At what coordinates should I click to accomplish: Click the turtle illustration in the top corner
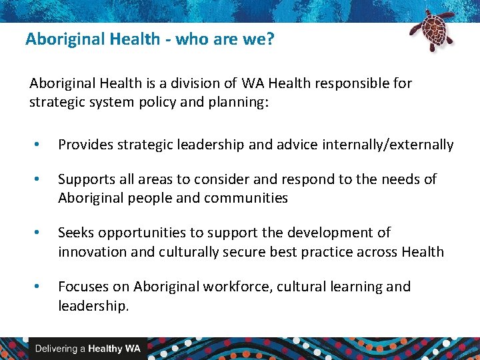[431, 29]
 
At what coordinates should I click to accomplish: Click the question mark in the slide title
[269, 39]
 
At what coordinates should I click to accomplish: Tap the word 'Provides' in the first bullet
[84, 145]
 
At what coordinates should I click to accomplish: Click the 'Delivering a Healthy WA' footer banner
[87, 349]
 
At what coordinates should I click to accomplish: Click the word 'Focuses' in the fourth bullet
[82, 287]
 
